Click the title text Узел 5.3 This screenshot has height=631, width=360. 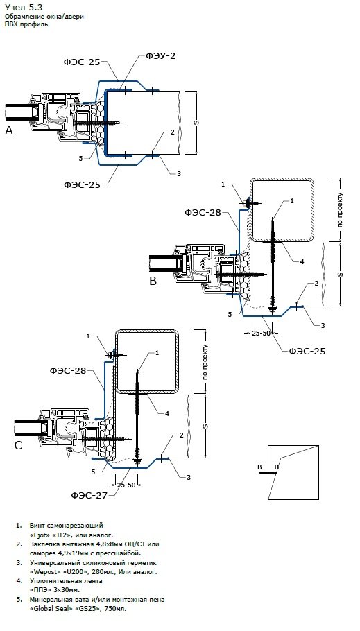(x=24, y=7)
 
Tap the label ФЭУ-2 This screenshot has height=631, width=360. (x=161, y=56)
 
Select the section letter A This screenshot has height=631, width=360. (x=9, y=130)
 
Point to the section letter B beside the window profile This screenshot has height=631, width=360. (x=153, y=281)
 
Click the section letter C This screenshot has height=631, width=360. (x=18, y=445)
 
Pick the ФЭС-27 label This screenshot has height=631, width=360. (x=89, y=495)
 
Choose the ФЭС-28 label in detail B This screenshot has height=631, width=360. (x=203, y=212)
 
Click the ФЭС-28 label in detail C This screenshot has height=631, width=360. (x=68, y=371)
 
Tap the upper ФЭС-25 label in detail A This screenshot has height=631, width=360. (x=82, y=62)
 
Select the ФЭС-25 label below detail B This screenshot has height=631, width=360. (x=307, y=352)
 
